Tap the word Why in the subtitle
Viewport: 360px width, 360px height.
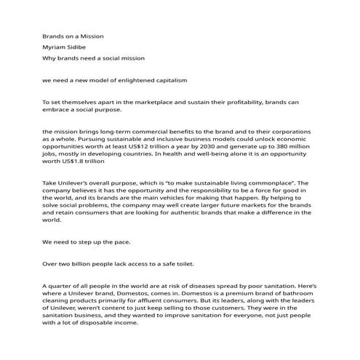tap(49, 57)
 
